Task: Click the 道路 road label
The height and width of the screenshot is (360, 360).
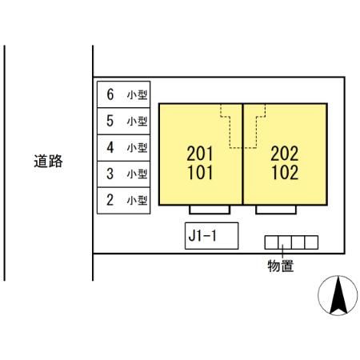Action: tap(48, 161)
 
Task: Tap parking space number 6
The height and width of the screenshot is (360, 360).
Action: tap(124, 94)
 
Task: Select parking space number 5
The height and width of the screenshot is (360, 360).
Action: tap(124, 121)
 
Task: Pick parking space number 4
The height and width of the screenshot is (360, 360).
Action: tap(124, 147)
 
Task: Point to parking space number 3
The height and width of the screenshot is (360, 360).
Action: tap(124, 174)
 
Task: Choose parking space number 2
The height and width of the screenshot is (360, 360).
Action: tap(124, 200)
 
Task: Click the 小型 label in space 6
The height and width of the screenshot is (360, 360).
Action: tap(137, 95)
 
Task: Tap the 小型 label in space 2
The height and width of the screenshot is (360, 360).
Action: tap(137, 200)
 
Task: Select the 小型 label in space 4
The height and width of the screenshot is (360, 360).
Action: tap(137, 147)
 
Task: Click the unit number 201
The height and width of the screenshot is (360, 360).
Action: tap(200, 154)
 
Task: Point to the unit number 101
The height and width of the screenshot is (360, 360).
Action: tap(200, 173)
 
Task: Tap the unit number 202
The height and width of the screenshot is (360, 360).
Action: tap(285, 154)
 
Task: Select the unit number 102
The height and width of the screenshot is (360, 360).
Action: tap(285, 173)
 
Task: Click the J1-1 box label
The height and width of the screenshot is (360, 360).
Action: tap(202, 235)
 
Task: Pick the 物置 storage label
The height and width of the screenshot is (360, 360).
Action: tap(281, 266)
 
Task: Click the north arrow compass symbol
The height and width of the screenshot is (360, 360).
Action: tap(338, 295)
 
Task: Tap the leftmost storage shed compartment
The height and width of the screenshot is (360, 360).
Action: tap(271, 242)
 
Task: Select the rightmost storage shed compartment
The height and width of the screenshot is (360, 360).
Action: tap(311, 242)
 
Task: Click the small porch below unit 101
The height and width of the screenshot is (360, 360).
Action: tap(210, 210)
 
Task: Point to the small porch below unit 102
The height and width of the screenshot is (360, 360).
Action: tap(276, 210)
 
